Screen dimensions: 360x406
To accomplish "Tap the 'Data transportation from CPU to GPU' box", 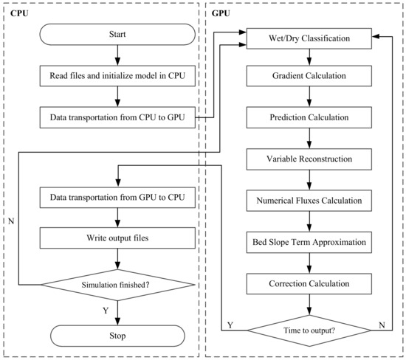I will pos(117,116).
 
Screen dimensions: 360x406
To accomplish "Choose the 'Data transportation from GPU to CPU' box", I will pos(117,198).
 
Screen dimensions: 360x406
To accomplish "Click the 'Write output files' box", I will pos(117,238).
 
